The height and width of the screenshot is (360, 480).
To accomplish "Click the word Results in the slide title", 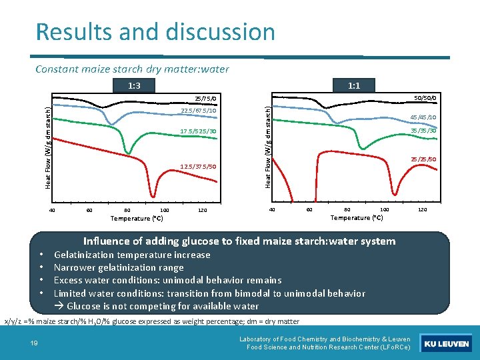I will pos(71,32).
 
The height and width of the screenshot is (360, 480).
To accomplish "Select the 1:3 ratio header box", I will pos(134,85).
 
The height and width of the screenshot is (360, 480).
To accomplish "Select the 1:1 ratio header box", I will pos(354,85).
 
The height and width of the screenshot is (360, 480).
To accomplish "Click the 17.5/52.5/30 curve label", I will pos(199,131).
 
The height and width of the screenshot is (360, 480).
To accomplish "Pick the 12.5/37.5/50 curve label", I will pos(199,166).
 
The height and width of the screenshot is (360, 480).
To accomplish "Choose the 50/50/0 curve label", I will pos(424,99).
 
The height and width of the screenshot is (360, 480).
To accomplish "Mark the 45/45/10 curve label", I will pos(424,117).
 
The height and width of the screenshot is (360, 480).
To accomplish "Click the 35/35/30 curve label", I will pos(424,131).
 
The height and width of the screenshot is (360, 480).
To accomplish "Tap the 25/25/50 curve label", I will pos(424,159).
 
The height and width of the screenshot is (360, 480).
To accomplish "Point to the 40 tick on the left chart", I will pos(52,211).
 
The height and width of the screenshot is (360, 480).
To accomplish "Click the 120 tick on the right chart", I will pos(422,210).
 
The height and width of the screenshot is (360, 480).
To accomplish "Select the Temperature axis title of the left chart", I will pos(137,219).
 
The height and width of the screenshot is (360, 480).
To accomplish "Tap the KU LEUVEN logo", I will pos(447,344).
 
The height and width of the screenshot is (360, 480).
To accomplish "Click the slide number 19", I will pos(33,343).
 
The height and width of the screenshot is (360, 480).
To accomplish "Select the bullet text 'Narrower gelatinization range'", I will pos(119,267).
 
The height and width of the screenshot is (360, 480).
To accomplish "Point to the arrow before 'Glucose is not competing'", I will pos(59,306).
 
